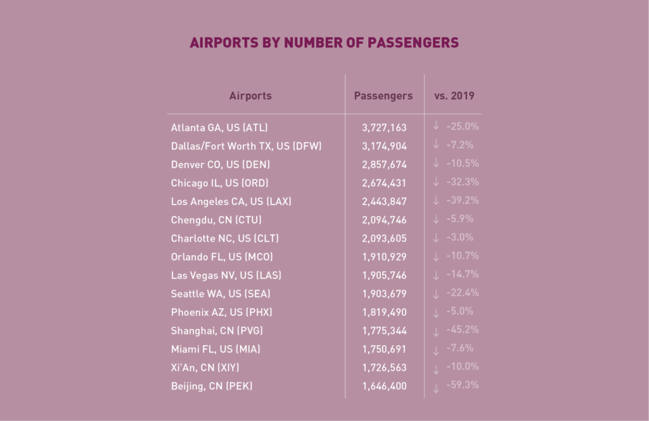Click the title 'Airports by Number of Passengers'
(x=324, y=43)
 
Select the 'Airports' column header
(x=250, y=96)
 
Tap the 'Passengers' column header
(x=383, y=96)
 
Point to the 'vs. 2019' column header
(x=454, y=96)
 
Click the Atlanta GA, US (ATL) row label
(x=215, y=127)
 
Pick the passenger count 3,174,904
(x=384, y=146)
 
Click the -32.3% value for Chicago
(x=463, y=182)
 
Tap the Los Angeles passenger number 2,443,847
(x=384, y=201)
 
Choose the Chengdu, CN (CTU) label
(x=216, y=220)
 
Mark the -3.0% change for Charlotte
(x=460, y=237)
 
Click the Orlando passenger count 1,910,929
(x=384, y=257)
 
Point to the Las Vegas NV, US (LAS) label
(x=226, y=275)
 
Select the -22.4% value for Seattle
(x=463, y=292)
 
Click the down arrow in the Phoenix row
(x=436, y=313)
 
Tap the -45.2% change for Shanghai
(x=463, y=330)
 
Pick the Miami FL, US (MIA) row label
(x=215, y=349)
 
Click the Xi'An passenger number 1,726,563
(x=384, y=367)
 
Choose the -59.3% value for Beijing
(x=463, y=385)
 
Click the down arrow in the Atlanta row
(x=436, y=126)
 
